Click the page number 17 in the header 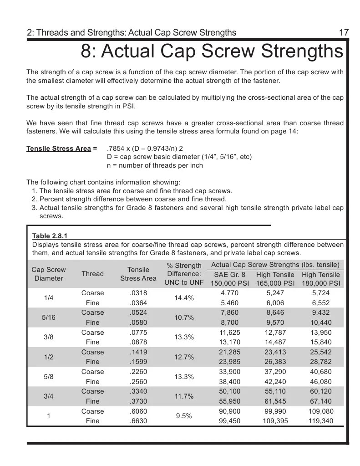tap(344, 32)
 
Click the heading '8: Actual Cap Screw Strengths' tap(212, 51)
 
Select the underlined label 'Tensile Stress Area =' tap(62, 148)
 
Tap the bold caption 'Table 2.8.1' tap(50, 236)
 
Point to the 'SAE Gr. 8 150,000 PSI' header tap(229, 279)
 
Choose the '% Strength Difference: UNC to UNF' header tap(184, 274)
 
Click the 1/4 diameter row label tap(49, 298)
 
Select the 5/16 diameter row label tap(48, 317)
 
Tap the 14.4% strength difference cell tap(184, 298)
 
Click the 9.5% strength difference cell tap(184, 416)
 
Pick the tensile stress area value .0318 tap(138, 293)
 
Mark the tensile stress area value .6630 tap(138, 421)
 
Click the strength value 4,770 tap(229, 293)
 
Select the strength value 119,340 tap(321, 421)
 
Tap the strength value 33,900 tap(229, 372)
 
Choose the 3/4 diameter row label tap(49, 396)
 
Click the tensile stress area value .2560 tap(138, 382)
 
